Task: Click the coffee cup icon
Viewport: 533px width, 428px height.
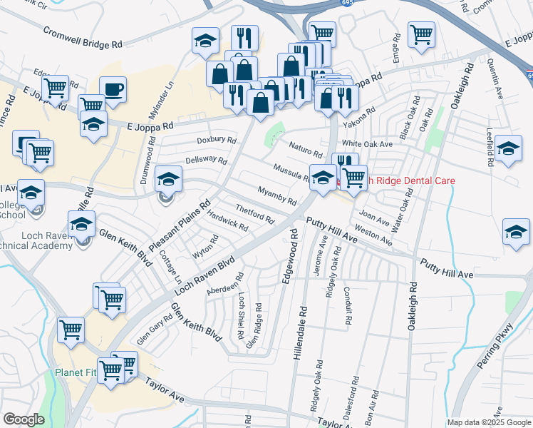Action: coord(113,90)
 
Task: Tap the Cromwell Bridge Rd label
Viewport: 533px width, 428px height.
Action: coord(83,38)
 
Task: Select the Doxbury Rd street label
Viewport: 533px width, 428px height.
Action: coord(216,141)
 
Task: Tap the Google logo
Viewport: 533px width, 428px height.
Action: coord(24,419)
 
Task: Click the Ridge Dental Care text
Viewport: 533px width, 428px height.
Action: coord(408,180)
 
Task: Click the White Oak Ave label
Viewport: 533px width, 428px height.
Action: coord(373,143)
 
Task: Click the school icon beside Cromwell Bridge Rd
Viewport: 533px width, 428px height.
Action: coord(205,41)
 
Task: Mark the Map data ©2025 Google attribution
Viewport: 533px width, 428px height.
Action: coord(488,422)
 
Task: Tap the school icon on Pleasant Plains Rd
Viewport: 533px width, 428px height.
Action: coord(168,179)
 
